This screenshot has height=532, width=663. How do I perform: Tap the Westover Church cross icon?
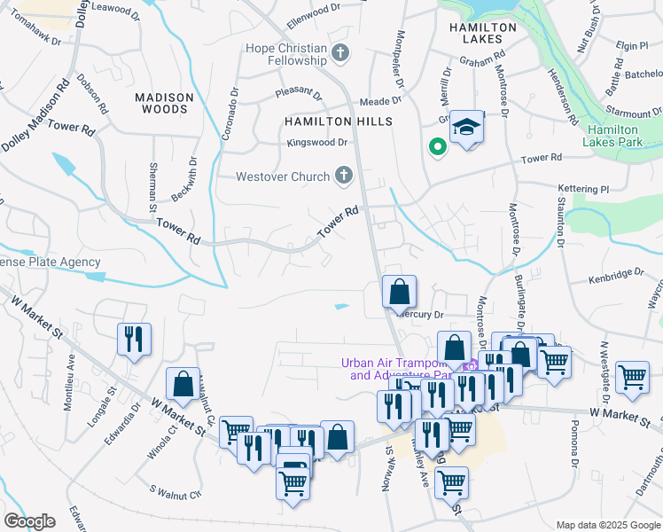click(343, 176)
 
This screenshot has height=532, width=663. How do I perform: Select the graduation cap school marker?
click(464, 128)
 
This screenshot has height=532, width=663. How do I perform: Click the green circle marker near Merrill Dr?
click(436, 147)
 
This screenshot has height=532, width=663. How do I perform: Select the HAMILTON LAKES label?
click(483, 33)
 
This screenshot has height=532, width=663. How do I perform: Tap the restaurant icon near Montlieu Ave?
click(134, 339)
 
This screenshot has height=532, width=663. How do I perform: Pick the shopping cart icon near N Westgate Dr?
click(632, 377)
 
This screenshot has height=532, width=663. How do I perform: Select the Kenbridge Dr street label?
click(616, 278)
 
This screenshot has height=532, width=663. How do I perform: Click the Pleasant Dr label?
click(298, 90)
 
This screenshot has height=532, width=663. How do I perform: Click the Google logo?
click(29, 520)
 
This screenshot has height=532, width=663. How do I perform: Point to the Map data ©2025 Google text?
click(607, 525)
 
